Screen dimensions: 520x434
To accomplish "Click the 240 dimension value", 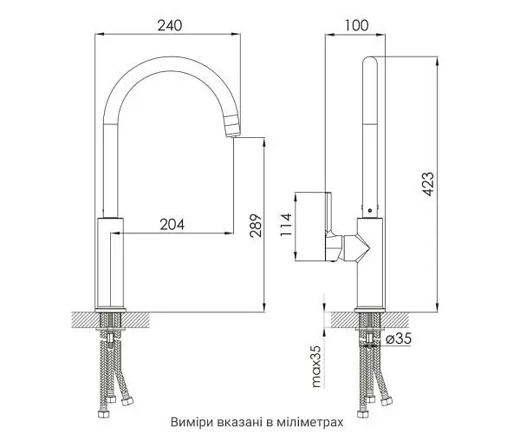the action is (170, 25).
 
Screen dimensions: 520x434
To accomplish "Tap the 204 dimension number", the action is (172, 225).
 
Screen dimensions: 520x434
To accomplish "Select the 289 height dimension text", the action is (256, 226).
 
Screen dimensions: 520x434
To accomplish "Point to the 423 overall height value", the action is (427, 184).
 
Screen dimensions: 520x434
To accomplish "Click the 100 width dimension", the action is (356, 25).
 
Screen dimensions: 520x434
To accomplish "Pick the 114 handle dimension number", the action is (286, 225).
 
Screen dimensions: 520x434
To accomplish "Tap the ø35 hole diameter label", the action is (399, 339).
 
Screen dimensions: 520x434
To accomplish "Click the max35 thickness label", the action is (316, 366).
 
